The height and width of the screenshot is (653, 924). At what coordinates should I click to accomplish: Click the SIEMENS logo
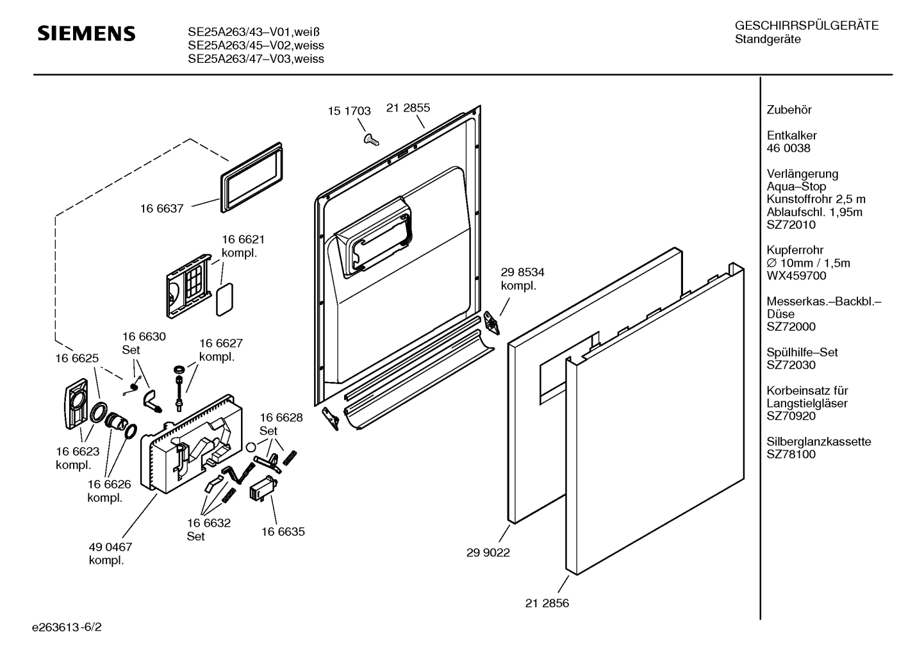[87, 33]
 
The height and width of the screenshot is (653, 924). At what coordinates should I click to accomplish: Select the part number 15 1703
[349, 111]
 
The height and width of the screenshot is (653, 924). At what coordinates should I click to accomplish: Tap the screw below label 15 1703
[371, 139]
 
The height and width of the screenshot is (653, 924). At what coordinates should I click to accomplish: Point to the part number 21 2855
[408, 108]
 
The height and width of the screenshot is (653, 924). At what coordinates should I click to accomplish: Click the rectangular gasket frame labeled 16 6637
[252, 178]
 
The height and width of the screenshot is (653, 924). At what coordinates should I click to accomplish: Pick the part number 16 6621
[243, 239]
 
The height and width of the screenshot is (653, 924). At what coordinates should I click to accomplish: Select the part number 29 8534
[523, 272]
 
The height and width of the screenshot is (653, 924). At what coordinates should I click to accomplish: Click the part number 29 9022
[488, 553]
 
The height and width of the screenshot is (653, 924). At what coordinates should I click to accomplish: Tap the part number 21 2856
[547, 604]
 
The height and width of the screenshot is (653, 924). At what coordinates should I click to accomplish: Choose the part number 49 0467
[110, 547]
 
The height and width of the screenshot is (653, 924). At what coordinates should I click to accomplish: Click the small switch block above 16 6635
[262, 488]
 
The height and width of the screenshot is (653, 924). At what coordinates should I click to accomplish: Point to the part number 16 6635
[283, 532]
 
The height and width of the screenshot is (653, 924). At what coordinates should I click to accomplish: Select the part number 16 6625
[77, 358]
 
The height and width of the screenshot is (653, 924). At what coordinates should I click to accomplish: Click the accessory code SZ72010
[791, 225]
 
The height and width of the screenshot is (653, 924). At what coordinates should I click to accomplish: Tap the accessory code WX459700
[796, 276]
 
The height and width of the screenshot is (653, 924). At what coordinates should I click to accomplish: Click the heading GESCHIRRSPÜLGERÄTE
[807, 26]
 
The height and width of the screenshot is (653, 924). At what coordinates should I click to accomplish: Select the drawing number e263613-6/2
[67, 627]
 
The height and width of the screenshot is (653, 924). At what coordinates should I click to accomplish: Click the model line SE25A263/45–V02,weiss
[256, 45]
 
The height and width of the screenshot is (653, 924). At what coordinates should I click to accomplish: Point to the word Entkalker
[791, 135]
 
